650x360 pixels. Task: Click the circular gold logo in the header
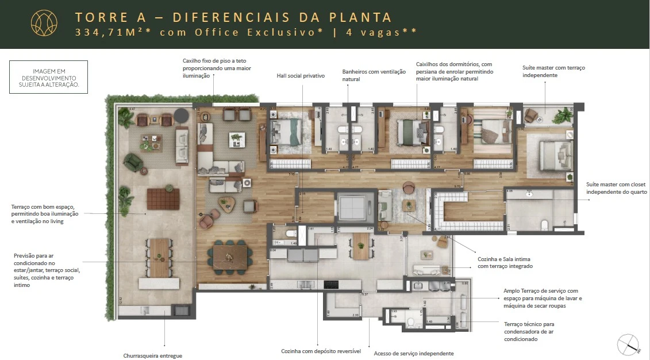click(44, 24)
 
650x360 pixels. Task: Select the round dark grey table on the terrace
click(182, 116)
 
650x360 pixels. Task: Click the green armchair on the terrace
click(134, 162)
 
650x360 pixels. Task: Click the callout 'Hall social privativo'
click(301, 76)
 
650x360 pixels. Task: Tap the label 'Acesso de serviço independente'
click(414, 353)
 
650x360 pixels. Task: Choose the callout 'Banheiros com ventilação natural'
click(374, 75)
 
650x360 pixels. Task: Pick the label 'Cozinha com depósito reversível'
click(321, 350)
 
